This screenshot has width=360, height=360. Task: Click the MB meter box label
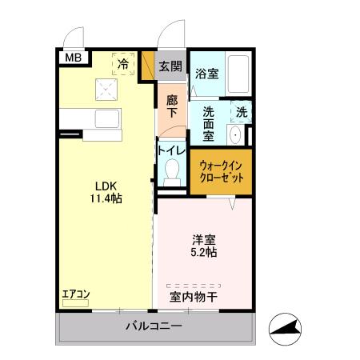pos(73,57)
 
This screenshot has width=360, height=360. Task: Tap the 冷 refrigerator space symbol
pos(123,62)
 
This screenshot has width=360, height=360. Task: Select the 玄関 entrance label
pos(169,66)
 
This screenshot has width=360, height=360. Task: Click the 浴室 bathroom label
pos(207,74)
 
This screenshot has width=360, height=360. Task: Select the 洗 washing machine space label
pos(242,113)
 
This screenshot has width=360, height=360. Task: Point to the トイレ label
pos(172,150)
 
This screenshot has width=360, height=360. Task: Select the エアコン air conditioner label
pos(75,294)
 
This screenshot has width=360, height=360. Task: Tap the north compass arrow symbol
pos(288,327)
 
